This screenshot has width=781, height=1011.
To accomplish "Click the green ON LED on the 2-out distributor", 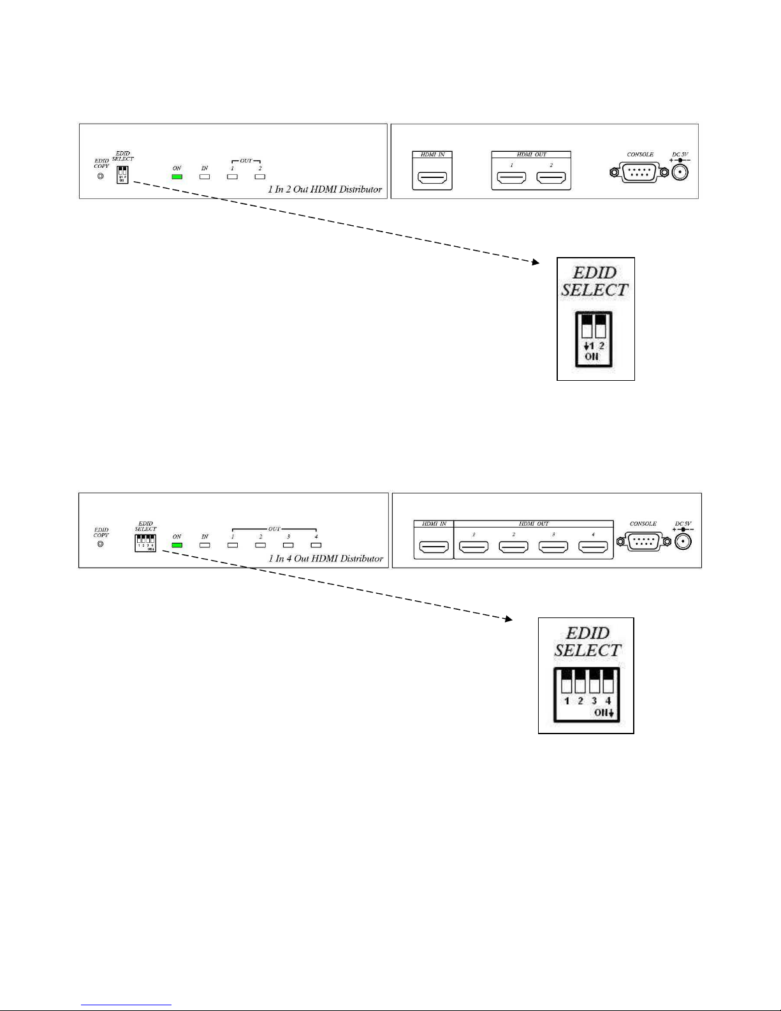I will [177, 177].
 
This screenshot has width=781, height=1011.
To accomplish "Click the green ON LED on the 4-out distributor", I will [177, 545].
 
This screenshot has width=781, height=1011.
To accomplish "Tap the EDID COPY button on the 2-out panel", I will [101, 176].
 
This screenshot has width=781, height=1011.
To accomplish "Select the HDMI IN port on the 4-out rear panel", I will [434, 547].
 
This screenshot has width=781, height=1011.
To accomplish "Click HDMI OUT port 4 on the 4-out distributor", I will [593, 547].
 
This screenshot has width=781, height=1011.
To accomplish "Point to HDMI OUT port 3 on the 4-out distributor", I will [553, 547].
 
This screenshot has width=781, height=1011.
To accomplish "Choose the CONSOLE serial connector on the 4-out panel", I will [643, 542].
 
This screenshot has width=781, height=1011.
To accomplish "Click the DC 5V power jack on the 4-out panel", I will [683, 542].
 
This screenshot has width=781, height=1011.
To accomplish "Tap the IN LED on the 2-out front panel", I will [205, 177].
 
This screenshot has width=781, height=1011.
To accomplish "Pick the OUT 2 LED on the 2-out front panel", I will [260, 177].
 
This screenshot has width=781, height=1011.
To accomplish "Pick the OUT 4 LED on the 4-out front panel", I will [316, 545].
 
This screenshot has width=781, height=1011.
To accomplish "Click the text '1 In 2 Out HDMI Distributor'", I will [325, 189].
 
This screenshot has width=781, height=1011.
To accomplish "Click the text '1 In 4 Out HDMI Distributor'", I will [326, 559].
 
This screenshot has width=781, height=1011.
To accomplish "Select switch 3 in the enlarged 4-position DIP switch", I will [594, 681].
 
